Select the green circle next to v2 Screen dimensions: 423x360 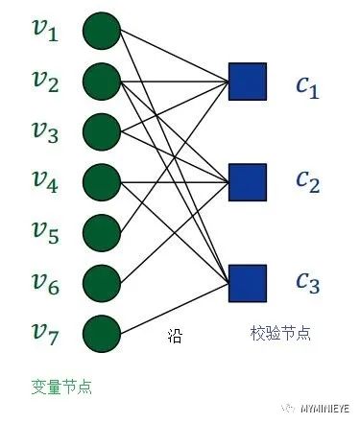coord(101,82)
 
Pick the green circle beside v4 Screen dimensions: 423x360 coord(101,181)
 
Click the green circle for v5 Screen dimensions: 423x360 coord(101,231)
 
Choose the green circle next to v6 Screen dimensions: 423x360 coord(101,282)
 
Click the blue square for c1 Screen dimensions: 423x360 coord(247,82)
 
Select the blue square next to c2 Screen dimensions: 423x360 coord(247,181)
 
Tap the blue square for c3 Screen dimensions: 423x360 coord(247,282)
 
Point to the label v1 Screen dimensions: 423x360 coord(39,33)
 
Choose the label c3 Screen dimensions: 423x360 coord(307,284)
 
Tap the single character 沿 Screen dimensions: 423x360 coord(173,335)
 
